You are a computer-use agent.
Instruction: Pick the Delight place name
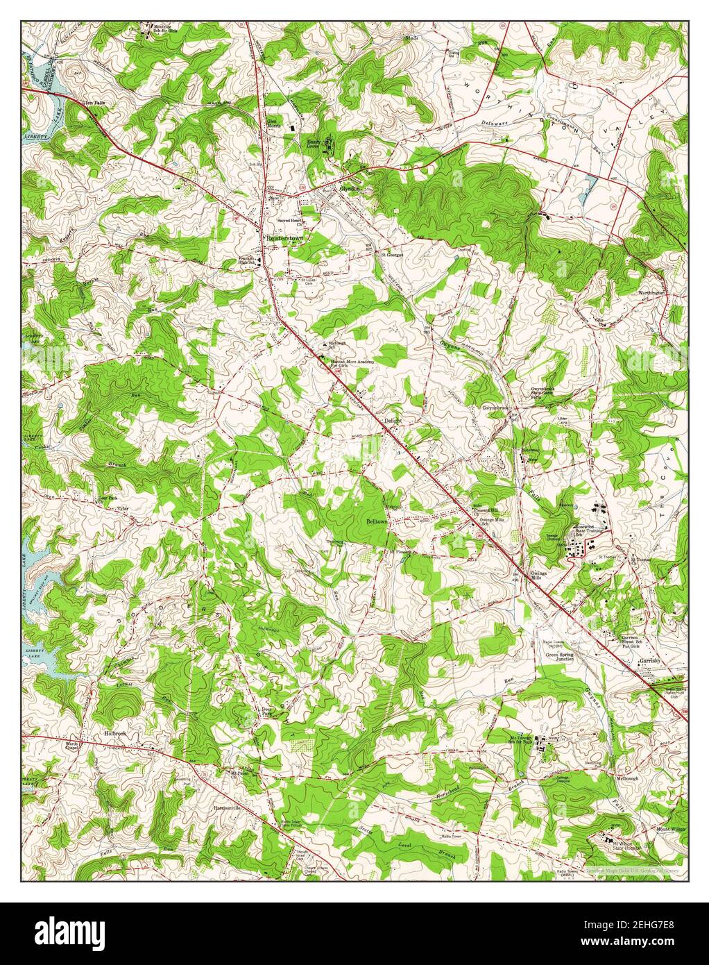coord(393,421)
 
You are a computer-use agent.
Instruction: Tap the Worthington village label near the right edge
coord(651,293)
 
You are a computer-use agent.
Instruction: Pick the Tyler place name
coord(123,509)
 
